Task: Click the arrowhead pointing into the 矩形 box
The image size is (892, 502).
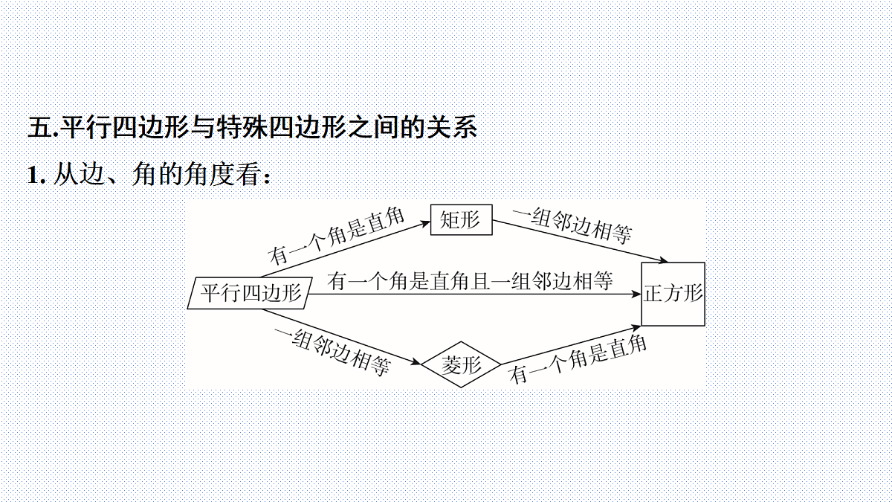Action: tap(425, 224)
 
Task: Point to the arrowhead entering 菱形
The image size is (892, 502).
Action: tap(416, 362)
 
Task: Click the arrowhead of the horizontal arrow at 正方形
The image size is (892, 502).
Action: tap(636, 295)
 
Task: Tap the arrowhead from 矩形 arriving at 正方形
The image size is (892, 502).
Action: tap(662, 260)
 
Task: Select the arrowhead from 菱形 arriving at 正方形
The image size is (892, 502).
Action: tap(636, 328)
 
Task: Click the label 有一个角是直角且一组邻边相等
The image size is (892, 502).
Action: tap(470, 281)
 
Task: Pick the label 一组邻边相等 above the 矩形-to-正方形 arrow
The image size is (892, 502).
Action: tap(572, 225)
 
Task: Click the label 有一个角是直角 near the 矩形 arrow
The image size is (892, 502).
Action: tap(337, 236)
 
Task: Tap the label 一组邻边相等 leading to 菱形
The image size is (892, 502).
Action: tap(332, 353)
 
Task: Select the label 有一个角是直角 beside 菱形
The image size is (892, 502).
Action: tap(578, 360)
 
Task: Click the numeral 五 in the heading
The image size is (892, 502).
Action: tap(40, 128)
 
